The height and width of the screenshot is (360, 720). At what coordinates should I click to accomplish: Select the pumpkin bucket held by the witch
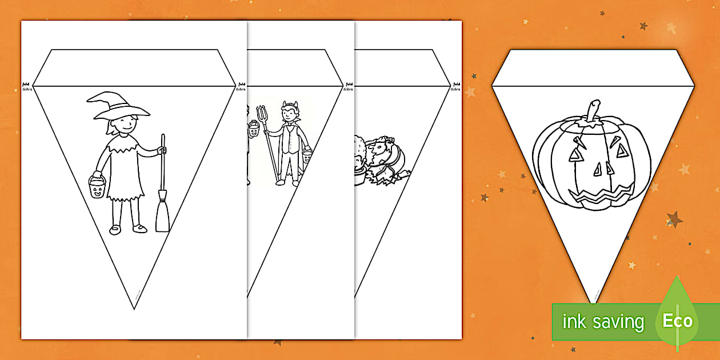pos(97,187)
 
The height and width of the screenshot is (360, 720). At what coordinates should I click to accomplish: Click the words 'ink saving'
pos(603,322)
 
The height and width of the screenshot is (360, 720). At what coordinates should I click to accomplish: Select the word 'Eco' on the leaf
pos(677,321)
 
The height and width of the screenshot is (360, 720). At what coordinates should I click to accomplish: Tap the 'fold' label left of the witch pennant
pos(26,83)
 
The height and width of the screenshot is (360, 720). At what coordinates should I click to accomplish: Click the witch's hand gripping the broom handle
pos(162,151)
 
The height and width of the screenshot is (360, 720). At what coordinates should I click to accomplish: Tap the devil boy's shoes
pos(289,182)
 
